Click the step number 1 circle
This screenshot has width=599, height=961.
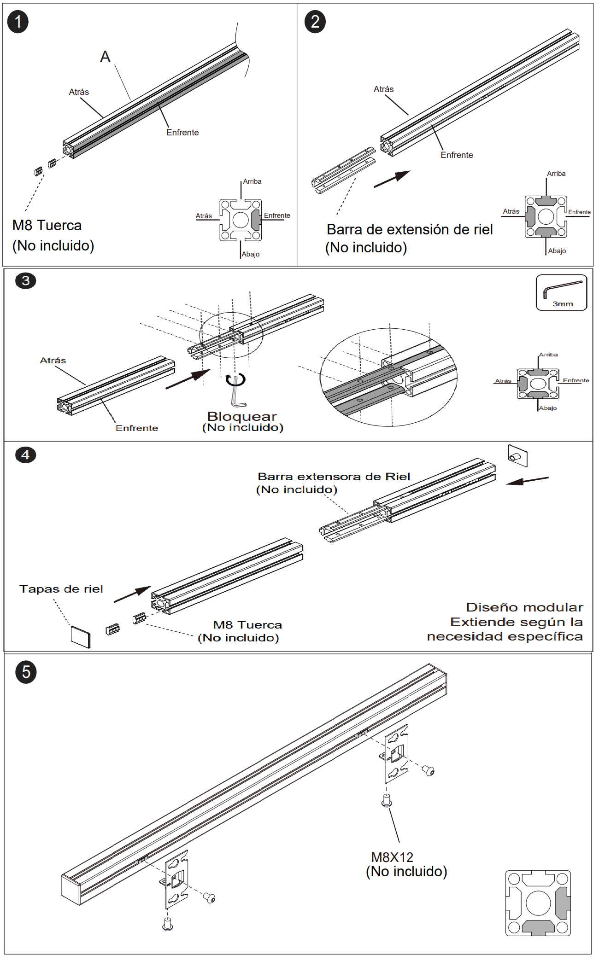tap(18, 22)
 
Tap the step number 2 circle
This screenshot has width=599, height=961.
tap(315, 22)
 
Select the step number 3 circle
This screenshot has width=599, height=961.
tap(25, 280)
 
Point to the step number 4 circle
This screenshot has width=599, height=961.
tap(25, 454)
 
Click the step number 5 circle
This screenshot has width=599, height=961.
tap(26, 672)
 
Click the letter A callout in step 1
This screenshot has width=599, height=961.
tap(105, 57)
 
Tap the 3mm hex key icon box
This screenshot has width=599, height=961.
tap(561, 293)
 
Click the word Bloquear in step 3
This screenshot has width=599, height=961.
tap(242, 416)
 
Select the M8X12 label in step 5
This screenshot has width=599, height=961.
tap(392, 857)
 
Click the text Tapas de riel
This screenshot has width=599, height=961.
tap(61, 589)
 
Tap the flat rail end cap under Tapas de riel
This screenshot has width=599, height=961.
tap(81, 637)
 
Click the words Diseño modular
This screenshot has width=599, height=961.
tap(524, 607)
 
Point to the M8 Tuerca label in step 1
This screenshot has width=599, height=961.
tap(47, 225)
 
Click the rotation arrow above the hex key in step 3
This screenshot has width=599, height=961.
tap(235, 380)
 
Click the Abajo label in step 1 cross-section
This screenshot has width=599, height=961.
tap(251, 254)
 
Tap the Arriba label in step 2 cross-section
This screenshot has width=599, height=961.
tap(556, 174)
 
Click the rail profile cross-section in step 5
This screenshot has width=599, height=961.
tap(538, 903)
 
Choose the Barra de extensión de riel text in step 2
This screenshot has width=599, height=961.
tap(410, 229)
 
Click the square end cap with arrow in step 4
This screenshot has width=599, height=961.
tap(517, 456)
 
